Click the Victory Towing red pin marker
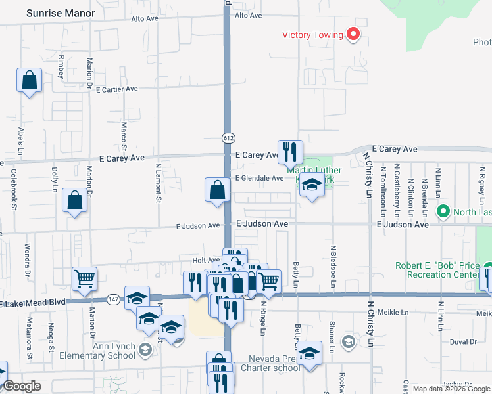(353, 34)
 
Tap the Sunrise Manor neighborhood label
(61, 13)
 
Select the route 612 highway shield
(228, 138)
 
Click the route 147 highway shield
(113, 299)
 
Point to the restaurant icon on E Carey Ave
(289, 152)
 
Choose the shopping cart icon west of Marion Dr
(84, 278)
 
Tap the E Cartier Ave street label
(116, 89)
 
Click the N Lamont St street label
(159, 183)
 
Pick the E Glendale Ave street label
(259, 178)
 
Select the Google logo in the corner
(22, 386)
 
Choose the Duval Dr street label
(464, 342)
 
